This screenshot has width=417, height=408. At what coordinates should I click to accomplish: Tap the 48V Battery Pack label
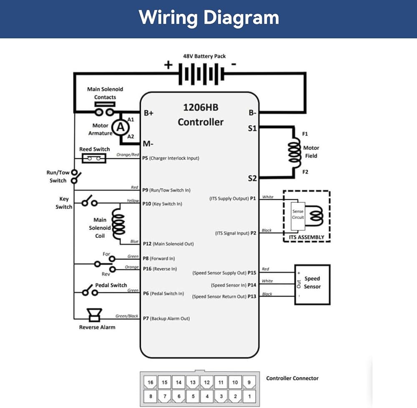pyautogui.click(x=204, y=56)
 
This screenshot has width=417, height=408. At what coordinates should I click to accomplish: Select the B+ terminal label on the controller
pyautogui.click(x=149, y=113)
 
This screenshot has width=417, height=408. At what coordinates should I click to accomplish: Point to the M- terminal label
pyautogui.click(x=148, y=144)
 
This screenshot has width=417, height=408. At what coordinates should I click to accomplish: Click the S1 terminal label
pyautogui.click(x=252, y=128)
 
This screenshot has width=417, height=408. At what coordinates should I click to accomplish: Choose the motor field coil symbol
pyautogui.click(x=294, y=152)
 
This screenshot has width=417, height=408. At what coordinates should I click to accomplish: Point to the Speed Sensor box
pyautogui.click(x=312, y=284)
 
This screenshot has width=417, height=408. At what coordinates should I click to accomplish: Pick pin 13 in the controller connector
pyautogui.click(x=192, y=382)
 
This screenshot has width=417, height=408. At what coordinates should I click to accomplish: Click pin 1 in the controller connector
pyautogui.click(x=249, y=395)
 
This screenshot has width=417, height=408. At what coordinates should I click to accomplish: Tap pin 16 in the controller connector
pyautogui.click(x=150, y=382)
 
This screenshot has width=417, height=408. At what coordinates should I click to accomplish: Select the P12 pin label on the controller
pyautogui.click(x=147, y=244)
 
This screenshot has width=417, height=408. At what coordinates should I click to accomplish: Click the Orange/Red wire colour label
pyautogui.click(x=128, y=155)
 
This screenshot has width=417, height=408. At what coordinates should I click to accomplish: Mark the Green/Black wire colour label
pyautogui.click(x=127, y=316)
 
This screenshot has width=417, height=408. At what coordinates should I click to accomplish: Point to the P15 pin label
pyautogui.click(x=251, y=273)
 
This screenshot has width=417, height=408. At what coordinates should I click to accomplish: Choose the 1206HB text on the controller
pyautogui.click(x=200, y=107)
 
